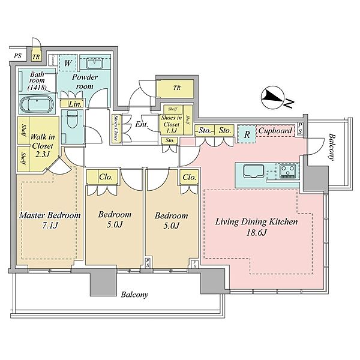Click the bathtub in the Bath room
point(37,104)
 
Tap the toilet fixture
point(73,119)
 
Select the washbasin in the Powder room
point(95,63)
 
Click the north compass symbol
point(273,98)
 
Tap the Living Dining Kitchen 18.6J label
point(256,227)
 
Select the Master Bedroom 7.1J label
point(50,220)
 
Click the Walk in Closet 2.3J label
point(43,146)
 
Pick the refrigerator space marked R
point(247,134)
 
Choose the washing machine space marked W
point(68,63)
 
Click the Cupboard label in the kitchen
point(275,131)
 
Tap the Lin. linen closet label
point(76,104)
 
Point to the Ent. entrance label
point(142,124)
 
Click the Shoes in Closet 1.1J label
point(172,124)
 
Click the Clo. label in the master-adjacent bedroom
point(106,177)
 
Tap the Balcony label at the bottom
point(134,295)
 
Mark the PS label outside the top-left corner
point(17,56)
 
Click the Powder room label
point(85,82)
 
